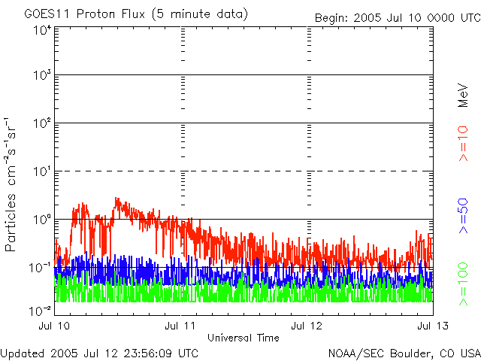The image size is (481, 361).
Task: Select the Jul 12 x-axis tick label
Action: coord(306,326)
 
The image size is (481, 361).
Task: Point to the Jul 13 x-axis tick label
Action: coord(432,326)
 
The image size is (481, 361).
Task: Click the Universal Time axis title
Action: coord(244,338)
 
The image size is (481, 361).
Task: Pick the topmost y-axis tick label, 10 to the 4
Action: coord(42,30)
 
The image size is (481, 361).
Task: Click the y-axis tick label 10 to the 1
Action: coord(42,173)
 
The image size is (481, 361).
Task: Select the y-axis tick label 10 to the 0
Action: coord(42,221)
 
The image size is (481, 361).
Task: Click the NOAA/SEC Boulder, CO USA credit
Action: coord(404,353)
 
